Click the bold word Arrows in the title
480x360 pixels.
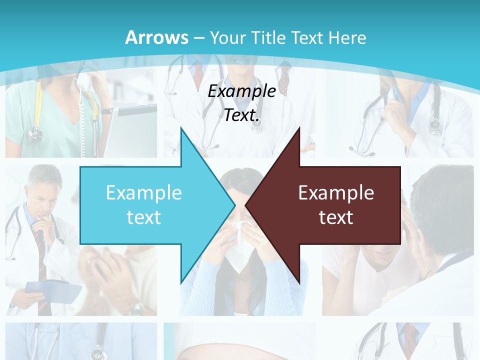coord(156,37)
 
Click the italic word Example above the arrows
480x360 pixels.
coord(241,91)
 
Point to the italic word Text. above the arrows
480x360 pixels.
coord(241,115)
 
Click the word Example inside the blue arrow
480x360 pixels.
coord(144,192)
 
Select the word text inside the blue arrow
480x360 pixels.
coord(144,217)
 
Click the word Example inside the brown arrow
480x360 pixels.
coord(336,192)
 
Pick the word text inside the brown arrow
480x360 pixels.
coord(336,217)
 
